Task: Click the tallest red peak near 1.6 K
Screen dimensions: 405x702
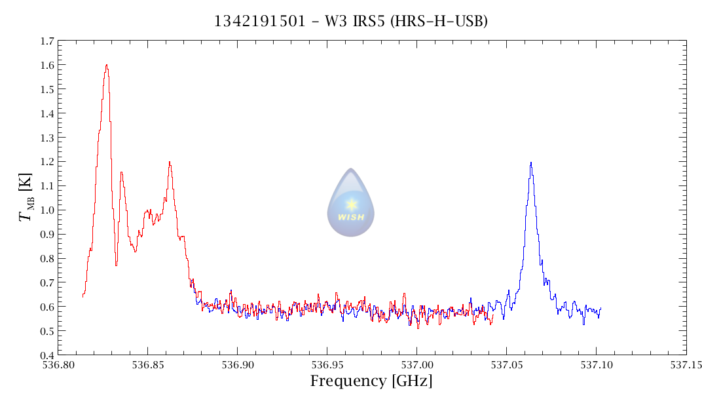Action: click(106, 66)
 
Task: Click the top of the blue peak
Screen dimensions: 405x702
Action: click(530, 163)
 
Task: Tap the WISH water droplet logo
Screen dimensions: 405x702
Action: click(351, 202)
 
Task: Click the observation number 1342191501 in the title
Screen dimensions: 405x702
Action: click(259, 21)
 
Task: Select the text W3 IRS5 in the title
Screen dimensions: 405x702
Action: click(345, 21)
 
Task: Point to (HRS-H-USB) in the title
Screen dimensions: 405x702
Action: click(438, 21)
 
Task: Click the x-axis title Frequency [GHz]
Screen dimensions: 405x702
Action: click(371, 381)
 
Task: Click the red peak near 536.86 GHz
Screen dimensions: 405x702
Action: click(170, 163)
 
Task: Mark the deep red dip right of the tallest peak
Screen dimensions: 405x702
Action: click(116, 264)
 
